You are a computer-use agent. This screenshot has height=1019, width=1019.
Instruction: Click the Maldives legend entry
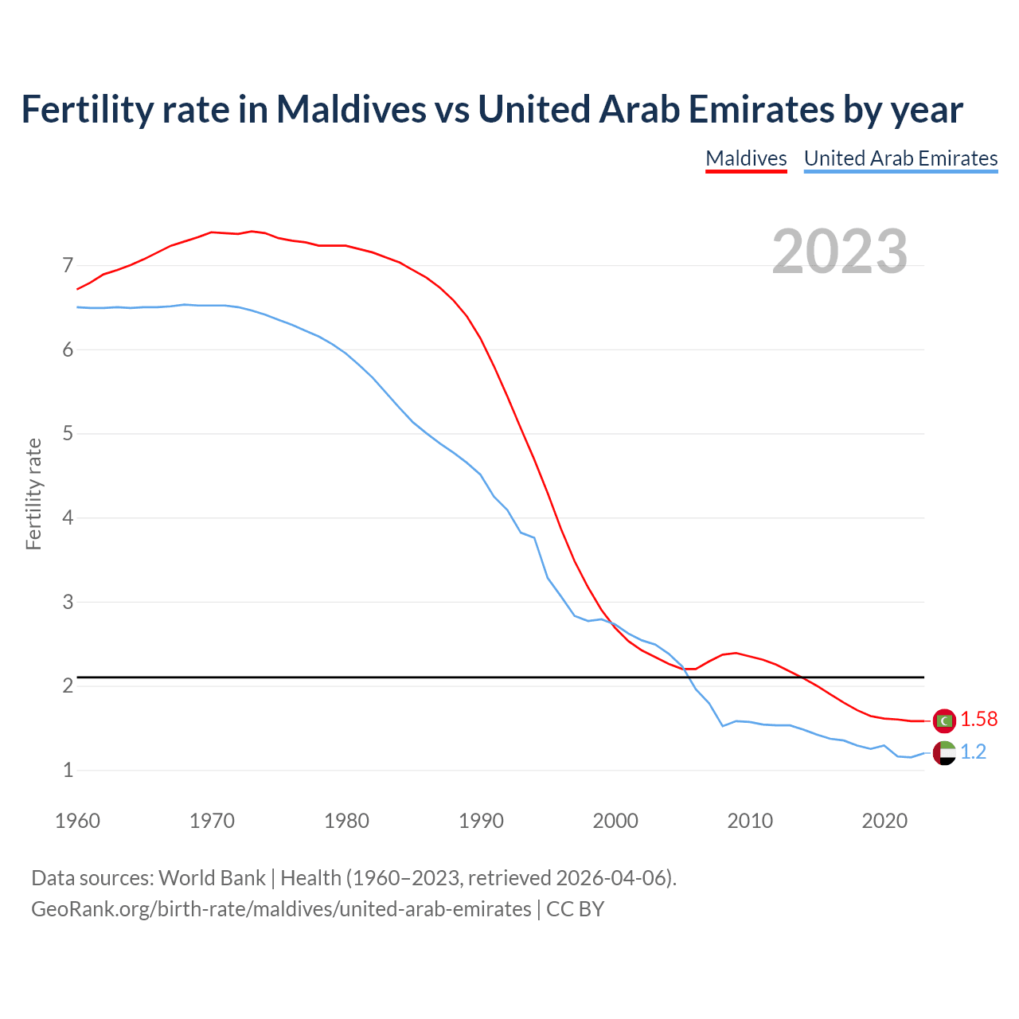(746, 158)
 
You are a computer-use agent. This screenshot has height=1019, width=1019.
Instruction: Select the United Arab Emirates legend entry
(900, 158)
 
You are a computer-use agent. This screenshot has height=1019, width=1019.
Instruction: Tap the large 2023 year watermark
(839, 252)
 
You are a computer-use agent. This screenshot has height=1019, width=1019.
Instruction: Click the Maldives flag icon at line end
(944, 720)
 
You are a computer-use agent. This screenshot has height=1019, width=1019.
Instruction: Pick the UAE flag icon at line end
(944, 752)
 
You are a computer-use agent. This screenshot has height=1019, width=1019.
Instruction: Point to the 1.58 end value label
(978, 720)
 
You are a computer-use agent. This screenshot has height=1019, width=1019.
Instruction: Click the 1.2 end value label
(973, 752)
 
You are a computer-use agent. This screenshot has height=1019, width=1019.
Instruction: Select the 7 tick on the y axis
(68, 265)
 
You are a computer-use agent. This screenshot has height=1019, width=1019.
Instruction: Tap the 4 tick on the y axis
(68, 518)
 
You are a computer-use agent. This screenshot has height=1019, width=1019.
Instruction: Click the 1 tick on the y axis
(68, 771)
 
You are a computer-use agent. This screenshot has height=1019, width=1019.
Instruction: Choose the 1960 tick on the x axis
(77, 821)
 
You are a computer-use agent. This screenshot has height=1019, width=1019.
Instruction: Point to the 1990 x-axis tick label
(481, 821)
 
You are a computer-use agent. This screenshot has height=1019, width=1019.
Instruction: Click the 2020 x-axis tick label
(884, 821)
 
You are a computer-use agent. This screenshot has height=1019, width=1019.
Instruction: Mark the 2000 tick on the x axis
(615, 821)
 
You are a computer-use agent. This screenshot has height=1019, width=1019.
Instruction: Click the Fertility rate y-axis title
(33, 494)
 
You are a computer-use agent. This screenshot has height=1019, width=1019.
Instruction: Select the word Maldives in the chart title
(351, 109)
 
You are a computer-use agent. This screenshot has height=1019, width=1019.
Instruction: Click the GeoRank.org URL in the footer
(281, 908)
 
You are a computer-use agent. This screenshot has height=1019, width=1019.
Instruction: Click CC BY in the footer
(575, 908)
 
